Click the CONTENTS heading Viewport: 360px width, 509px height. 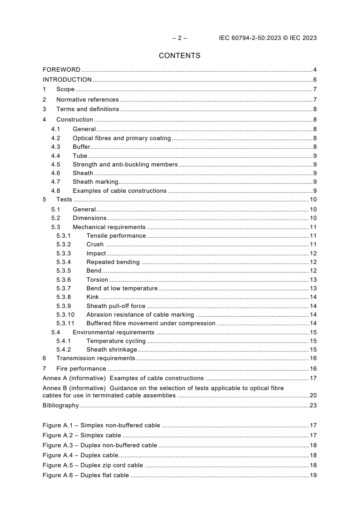pos(180,56)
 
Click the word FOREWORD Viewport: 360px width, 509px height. pos(61,70)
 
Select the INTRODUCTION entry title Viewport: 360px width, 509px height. pos(67,80)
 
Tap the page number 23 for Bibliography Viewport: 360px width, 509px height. pos(313,406)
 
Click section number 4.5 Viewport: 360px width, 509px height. pos(55,165)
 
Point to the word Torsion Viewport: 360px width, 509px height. pos(97,280)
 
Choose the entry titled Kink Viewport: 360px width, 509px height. pos(93,297)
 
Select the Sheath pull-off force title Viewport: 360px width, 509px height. pos(116,306)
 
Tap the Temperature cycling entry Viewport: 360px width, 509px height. pos(116,341)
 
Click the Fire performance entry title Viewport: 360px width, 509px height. pos(81,369)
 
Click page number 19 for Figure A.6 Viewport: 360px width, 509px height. pos(313,475)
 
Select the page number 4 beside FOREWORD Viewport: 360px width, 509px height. pos(315,70)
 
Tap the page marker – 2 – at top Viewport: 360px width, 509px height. pos(180,38)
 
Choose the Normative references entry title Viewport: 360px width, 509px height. pos(87,99)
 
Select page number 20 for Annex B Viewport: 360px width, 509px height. pos(313,396)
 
